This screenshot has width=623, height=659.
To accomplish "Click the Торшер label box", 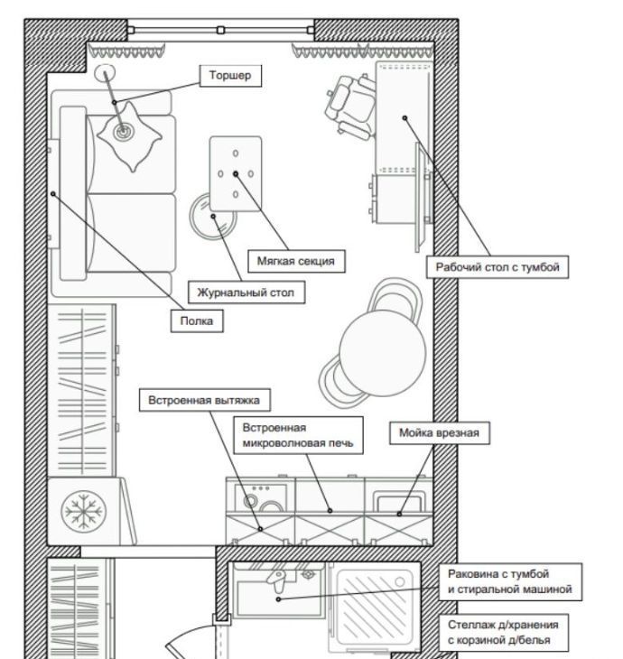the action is [230, 76].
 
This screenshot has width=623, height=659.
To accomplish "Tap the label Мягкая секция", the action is [296, 261].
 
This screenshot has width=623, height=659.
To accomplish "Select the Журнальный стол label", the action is [246, 292].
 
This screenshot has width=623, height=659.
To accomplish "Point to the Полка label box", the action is [197, 321].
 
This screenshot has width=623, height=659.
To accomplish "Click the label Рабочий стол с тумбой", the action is [497, 267].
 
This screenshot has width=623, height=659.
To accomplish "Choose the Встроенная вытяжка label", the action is [204, 400].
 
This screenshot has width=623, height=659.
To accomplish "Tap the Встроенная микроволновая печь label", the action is [298, 435].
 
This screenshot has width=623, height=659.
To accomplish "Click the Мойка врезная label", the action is [440, 433].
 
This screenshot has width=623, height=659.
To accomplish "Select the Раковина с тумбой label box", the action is [510, 581].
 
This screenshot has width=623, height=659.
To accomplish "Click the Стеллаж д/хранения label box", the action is [503, 633].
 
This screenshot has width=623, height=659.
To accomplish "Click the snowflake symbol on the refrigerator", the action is [83, 511].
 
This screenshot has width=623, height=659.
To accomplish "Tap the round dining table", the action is [383, 353].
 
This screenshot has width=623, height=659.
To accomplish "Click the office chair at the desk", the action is [350, 107].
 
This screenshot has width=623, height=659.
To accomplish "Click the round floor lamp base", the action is [105, 73].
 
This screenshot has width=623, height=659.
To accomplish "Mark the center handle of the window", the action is [220, 30].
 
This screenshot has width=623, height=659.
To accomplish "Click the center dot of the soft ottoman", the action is [236, 173].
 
